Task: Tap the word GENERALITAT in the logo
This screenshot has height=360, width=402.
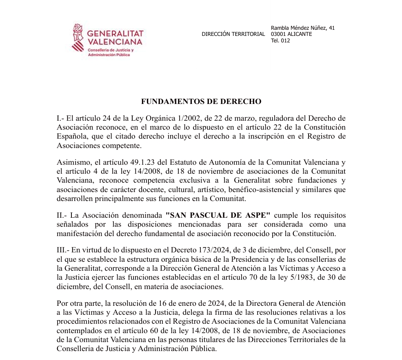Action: (x=115, y=33)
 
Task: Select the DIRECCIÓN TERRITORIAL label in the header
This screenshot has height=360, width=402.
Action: (x=233, y=34)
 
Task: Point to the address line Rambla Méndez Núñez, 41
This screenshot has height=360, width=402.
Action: (x=302, y=28)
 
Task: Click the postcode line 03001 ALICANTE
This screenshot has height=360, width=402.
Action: (x=291, y=34)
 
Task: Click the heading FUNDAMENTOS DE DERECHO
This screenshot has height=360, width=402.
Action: (x=201, y=102)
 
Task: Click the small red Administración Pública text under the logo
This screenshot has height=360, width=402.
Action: (x=109, y=55)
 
